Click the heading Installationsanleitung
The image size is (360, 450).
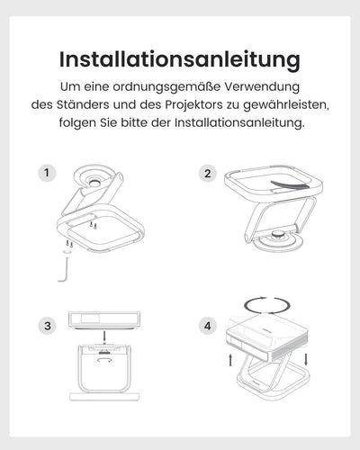click(180, 60)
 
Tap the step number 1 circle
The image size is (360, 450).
click(47, 173)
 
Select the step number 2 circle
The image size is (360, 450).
click(208, 174)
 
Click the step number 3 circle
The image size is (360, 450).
click(47, 326)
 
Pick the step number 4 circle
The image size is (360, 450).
click(208, 326)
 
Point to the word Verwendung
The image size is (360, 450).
click(262, 87)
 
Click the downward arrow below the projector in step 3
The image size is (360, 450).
click(104, 337)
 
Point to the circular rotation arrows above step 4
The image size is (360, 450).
click(267, 306)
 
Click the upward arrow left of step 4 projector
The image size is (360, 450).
click(230, 360)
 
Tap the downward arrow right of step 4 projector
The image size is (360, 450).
click(306, 359)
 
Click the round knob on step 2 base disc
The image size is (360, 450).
click(279, 235)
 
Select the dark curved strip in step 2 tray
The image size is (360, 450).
click(290, 184)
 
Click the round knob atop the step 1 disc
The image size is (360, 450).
click(95, 183)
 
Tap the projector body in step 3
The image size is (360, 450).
click(104, 319)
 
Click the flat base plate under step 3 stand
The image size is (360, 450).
click(104, 397)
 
